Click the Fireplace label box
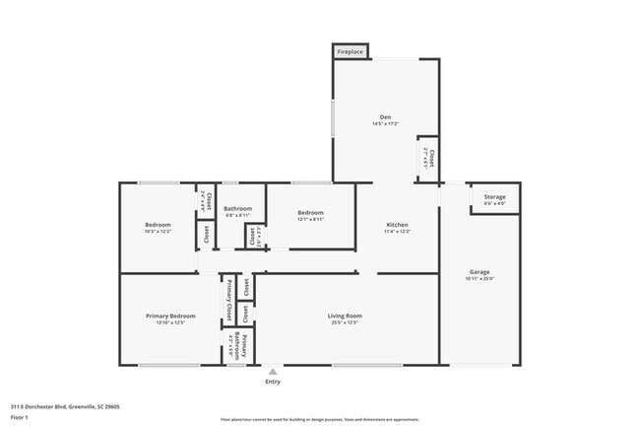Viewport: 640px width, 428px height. (x=351, y=51)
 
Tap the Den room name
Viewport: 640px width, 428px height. (x=386, y=116)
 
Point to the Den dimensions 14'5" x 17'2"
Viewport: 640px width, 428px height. (x=386, y=124)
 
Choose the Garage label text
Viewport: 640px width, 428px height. (x=480, y=272)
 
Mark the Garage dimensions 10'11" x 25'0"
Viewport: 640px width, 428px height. (x=480, y=279)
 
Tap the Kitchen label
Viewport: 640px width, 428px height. (x=397, y=225)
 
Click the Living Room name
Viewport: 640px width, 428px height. (x=345, y=316)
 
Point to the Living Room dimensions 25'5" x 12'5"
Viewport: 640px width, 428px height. (x=345, y=323)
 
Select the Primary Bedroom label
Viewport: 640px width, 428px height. (x=170, y=316)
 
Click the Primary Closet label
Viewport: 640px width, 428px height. (x=229, y=301)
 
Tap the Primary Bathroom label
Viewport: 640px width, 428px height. (x=243, y=346)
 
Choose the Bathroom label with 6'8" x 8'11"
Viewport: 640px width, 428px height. (x=237, y=208)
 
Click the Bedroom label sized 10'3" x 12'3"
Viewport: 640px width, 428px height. (x=158, y=225)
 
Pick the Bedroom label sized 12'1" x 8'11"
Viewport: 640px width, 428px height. (x=311, y=212)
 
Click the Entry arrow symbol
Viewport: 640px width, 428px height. (x=273, y=372)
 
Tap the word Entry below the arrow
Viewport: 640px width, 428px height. (x=273, y=382)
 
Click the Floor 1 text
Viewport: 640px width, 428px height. (x=19, y=416)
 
